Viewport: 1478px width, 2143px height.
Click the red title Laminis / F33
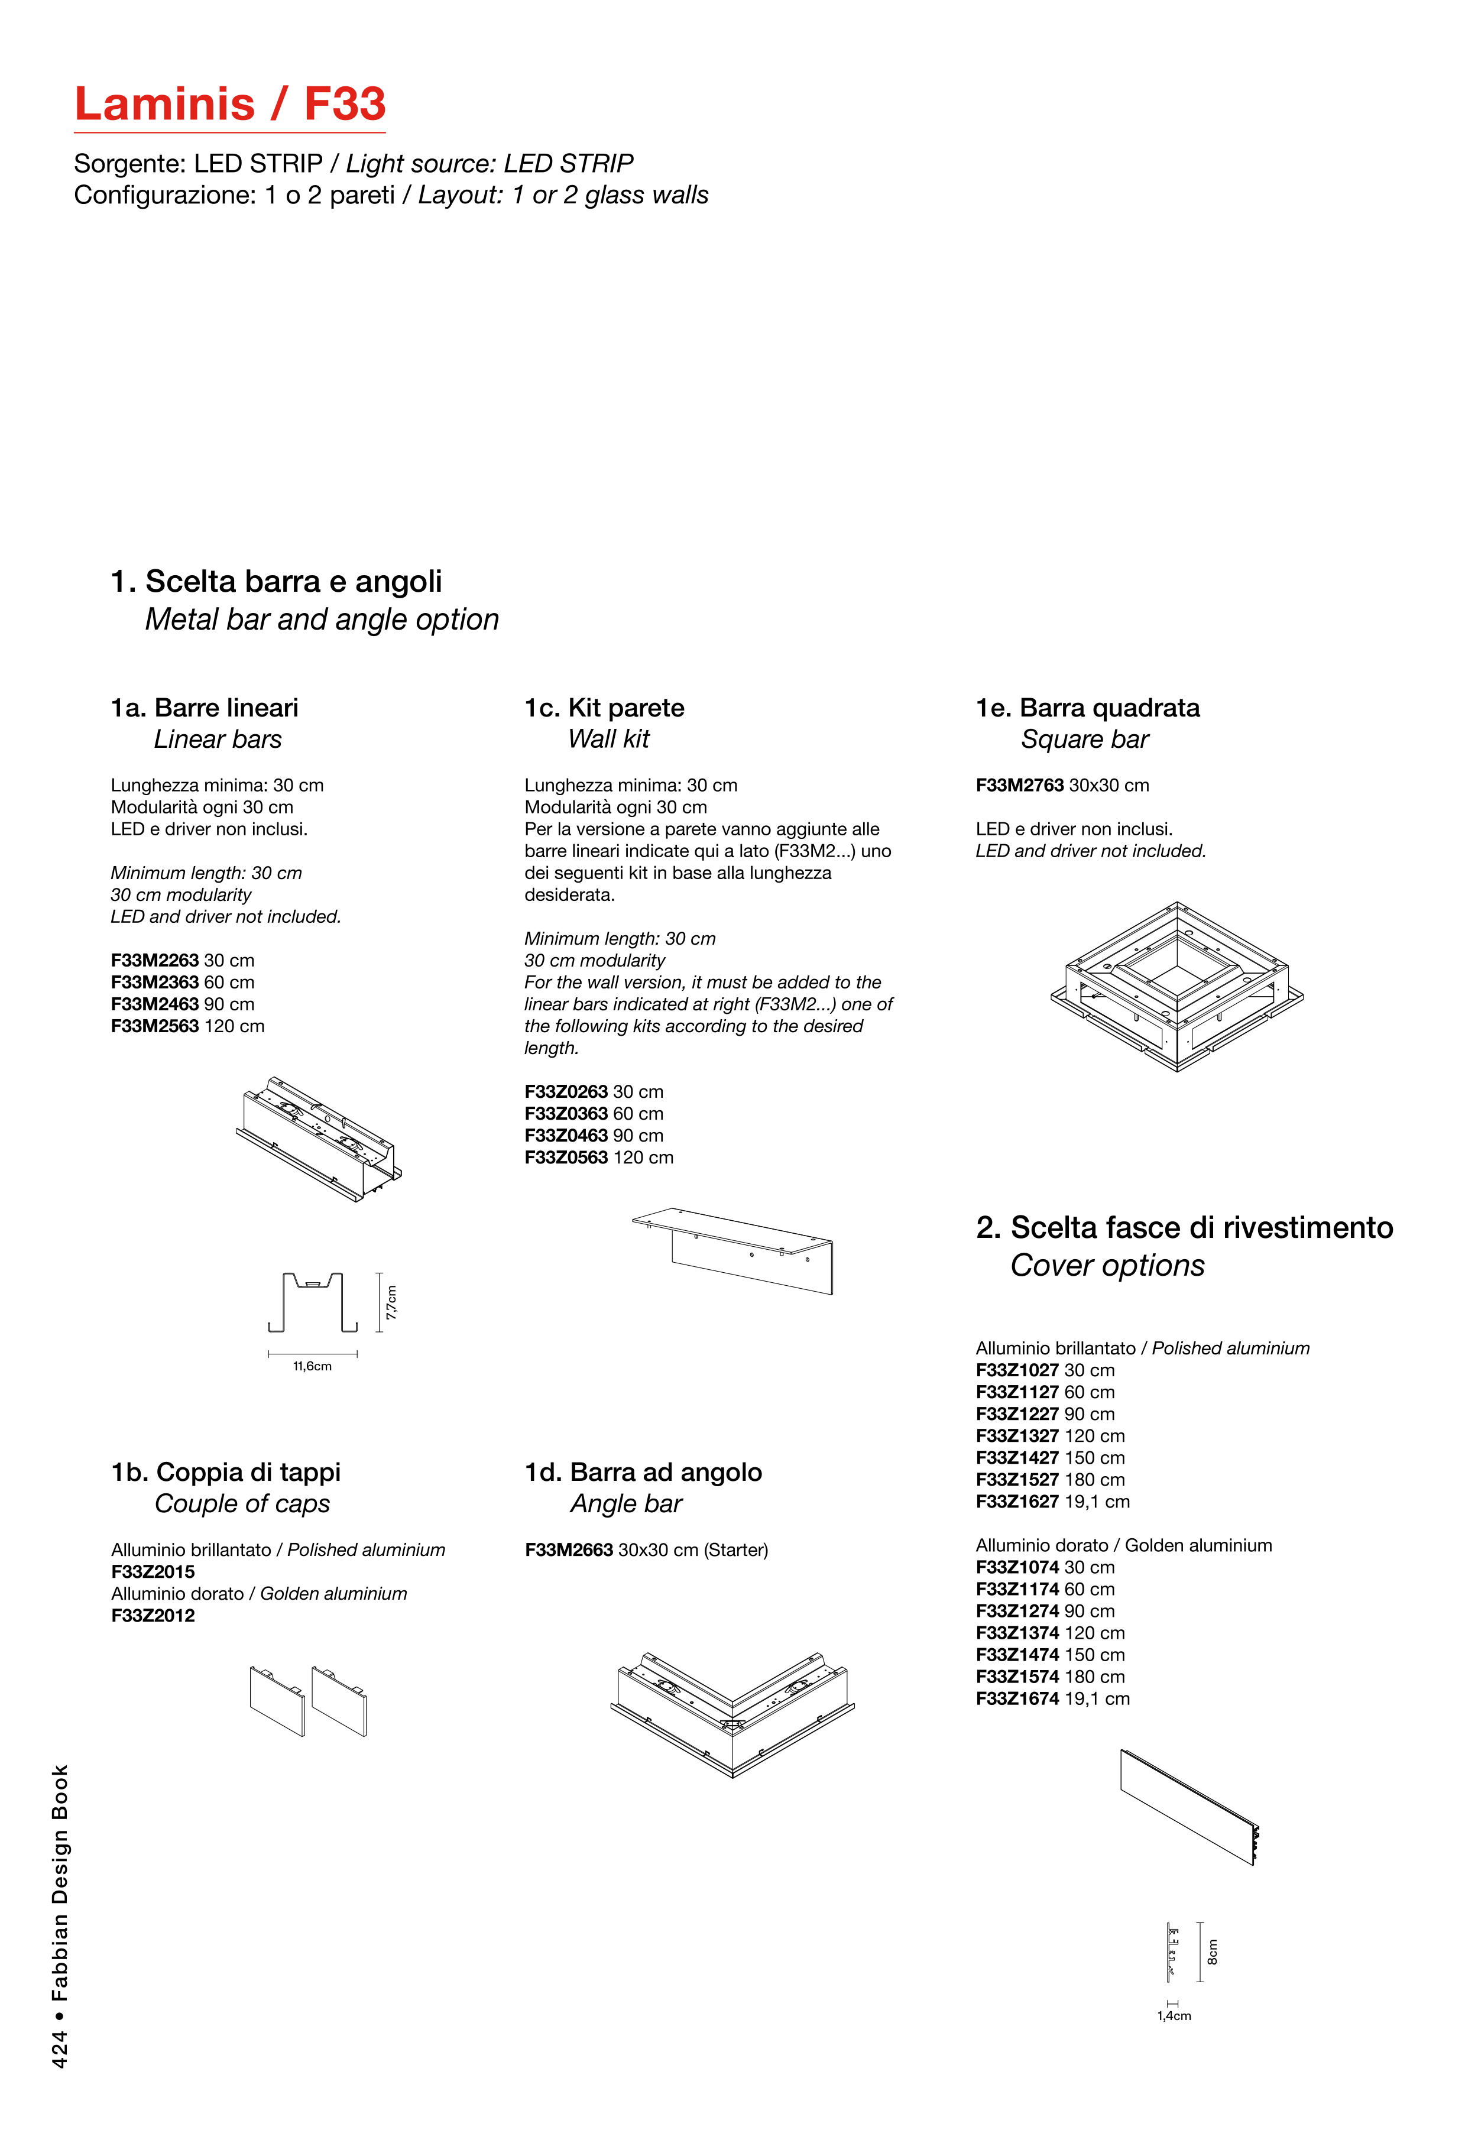pyautogui.click(x=229, y=103)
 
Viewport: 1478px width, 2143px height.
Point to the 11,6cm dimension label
pyautogui.click(x=312, y=1366)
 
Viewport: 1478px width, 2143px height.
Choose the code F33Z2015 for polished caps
pyautogui.click(x=153, y=1571)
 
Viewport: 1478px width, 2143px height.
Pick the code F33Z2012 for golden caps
pyautogui.click(x=153, y=1615)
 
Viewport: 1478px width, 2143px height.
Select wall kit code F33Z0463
pyautogui.click(x=566, y=1136)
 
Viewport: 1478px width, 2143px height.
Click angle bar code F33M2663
pyautogui.click(x=569, y=1549)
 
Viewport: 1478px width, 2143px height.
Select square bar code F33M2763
pyautogui.click(x=1020, y=785)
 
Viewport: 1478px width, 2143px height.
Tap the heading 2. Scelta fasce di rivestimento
pyautogui.click(x=1184, y=1227)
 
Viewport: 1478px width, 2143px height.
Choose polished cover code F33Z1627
pyautogui.click(x=1017, y=1501)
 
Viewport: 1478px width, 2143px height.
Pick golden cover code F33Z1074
pyautogui.click(x=1017, y=1567)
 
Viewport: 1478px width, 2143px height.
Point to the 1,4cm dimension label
pyautogui.click(x=1174, y=2015)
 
